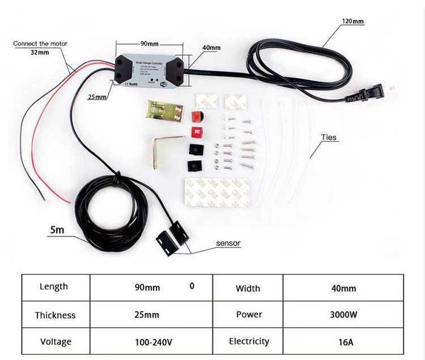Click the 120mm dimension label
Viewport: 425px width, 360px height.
[352, 22]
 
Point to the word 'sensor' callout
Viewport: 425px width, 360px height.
[228, 243]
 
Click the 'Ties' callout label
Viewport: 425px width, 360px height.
[329, 136]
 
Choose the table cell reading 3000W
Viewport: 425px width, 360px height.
[343, 315]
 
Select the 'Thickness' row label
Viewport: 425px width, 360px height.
[55, 315]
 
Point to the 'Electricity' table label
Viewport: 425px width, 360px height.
[249, 341]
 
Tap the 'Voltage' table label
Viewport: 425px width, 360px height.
[55, 342]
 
